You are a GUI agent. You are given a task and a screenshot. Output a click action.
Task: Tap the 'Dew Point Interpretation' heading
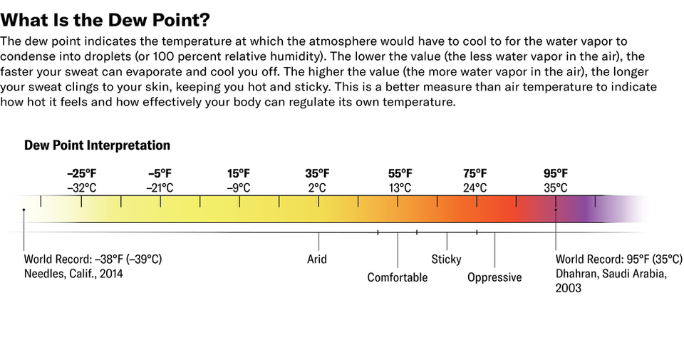pos(97,145)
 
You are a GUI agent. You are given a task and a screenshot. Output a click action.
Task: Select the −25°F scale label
pos(81,174)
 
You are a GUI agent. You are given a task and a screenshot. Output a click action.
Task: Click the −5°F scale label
pos(160,174)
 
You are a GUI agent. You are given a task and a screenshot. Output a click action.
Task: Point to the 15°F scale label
pos(239,174)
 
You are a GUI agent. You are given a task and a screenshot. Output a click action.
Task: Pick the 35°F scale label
pos(317,174)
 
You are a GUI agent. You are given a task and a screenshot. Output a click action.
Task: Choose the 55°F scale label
pos(400,174)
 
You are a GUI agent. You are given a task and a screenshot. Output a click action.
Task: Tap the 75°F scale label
pos(475,174)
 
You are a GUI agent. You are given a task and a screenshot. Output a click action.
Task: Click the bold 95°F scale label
pos(556,174)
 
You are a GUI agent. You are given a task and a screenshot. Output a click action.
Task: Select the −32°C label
pos(81,188)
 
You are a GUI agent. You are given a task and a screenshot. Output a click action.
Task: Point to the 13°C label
pos(400,188)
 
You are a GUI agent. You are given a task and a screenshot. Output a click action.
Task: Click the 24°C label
pos(475,188)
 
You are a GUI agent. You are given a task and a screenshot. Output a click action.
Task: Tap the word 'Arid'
pos(317,259)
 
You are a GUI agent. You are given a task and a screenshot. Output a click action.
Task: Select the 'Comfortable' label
pos(398,277)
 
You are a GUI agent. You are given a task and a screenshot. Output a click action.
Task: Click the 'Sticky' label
pos(447,259)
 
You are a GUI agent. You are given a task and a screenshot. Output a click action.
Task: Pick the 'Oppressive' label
pos(494,277)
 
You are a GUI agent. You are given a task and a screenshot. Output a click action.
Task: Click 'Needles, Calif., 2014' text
pos(73,274)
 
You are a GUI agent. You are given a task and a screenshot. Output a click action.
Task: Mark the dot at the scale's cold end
pos(24,210)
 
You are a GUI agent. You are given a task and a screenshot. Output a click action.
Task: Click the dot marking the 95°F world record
pos(556,210)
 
